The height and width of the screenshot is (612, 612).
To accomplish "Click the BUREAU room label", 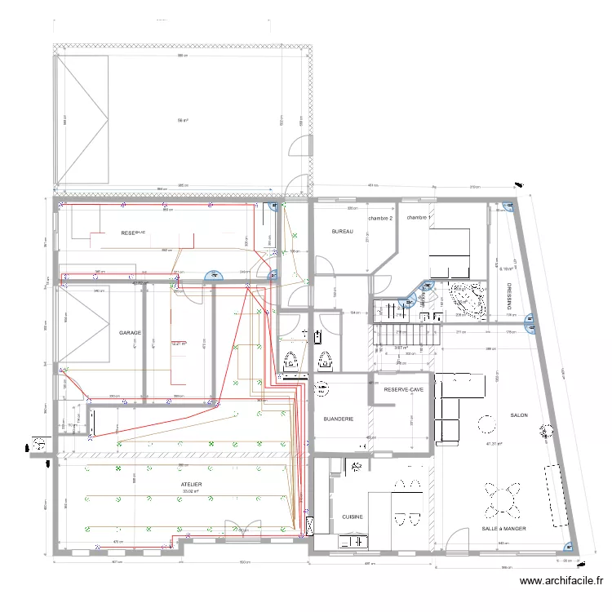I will (342, 233).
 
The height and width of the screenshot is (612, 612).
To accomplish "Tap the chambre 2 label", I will (380, 219).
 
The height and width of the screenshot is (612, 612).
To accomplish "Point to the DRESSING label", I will (508, 295).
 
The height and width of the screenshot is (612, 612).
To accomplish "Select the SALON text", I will (519, 415).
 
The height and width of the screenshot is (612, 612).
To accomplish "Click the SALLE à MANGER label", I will (503, 529).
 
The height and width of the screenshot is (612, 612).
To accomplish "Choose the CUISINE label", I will (353, 517).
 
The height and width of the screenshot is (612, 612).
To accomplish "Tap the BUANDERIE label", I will (339, 419).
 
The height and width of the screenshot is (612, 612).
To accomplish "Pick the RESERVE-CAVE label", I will (404, 389).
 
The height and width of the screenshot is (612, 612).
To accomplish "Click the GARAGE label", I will (131, 333).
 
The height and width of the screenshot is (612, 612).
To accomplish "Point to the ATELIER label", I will (192, 485).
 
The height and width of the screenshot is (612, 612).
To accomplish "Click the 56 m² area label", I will (183, 120).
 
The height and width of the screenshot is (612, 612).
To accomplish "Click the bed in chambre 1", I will (450, 253).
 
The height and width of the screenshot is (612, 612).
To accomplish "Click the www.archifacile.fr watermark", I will (561, 582).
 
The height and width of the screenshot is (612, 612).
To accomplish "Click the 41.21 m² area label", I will (494, 444).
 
